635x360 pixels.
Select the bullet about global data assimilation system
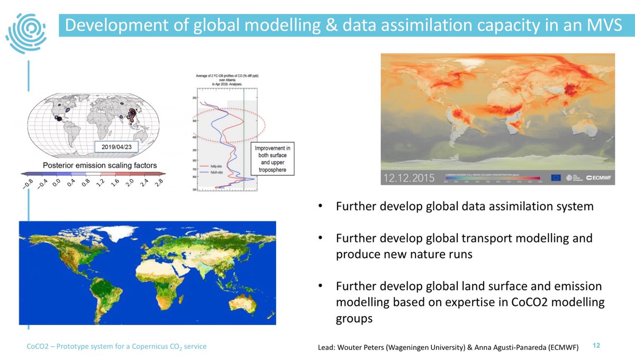point(465,206)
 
